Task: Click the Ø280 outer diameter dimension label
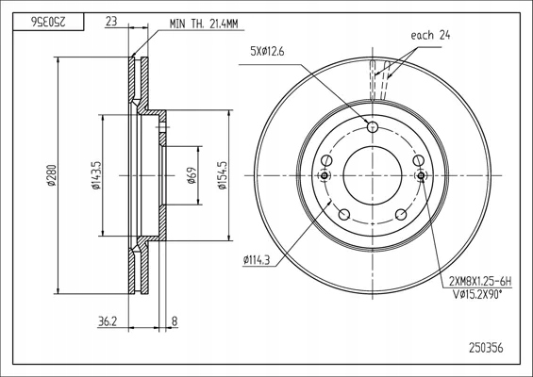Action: coord(51,175)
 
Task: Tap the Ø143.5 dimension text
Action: coord(96,175)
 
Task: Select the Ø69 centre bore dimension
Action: coord(192,175)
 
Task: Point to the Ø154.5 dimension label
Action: coord(222,175)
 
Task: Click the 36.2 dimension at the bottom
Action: coord(108,321)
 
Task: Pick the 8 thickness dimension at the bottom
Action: coord(175,321)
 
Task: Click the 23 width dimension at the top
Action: coord(111,22)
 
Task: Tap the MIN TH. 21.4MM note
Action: coord(204,24)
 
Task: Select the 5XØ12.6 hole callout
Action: coord(267,52)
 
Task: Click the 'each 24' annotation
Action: coord(430,35)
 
